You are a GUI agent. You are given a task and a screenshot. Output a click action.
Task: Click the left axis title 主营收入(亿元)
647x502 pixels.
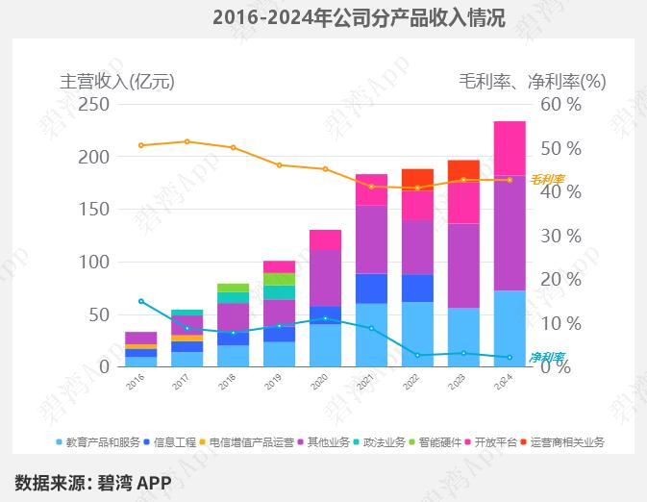point(117,81)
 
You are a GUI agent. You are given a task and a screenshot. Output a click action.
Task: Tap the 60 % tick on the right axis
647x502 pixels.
point(560,104)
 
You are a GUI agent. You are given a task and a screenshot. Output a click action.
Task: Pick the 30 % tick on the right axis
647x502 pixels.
point(560,236)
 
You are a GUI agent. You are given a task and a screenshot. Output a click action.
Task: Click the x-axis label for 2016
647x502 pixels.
point(135,382)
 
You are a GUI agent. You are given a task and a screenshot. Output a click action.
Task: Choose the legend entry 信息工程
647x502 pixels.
point(174,442)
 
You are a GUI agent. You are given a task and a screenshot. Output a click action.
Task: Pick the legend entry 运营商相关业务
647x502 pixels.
point(565,442)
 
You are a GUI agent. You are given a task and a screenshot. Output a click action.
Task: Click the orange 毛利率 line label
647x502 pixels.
point(547,179)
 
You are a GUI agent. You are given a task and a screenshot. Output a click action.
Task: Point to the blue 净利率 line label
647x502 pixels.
point(547,357)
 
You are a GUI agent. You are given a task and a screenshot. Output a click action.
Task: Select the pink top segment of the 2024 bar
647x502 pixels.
point(510,148)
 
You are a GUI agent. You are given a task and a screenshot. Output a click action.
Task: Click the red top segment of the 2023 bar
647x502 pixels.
point(463,170)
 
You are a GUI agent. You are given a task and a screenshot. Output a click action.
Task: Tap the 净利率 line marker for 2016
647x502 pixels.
point(141,301)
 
